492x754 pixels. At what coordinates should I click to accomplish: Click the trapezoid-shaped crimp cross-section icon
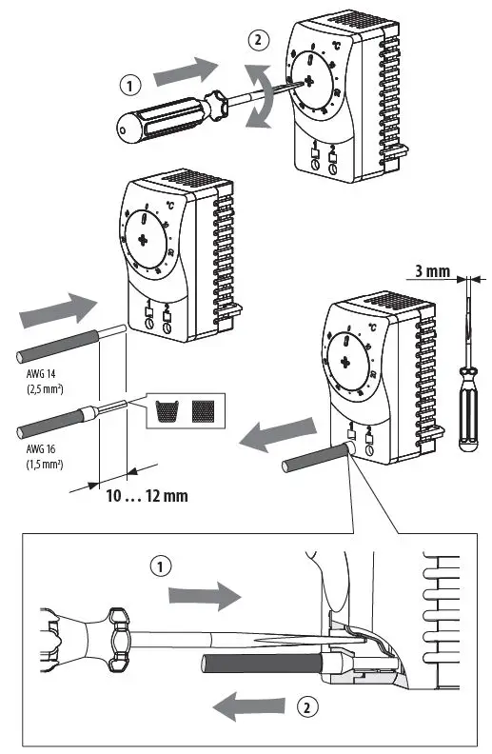coord(167,410)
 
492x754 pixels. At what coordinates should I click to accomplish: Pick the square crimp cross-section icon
coord(202,410)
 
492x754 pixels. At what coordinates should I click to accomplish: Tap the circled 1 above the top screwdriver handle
coord(129,84)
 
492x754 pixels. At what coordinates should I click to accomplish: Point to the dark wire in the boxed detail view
coord(246,664)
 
